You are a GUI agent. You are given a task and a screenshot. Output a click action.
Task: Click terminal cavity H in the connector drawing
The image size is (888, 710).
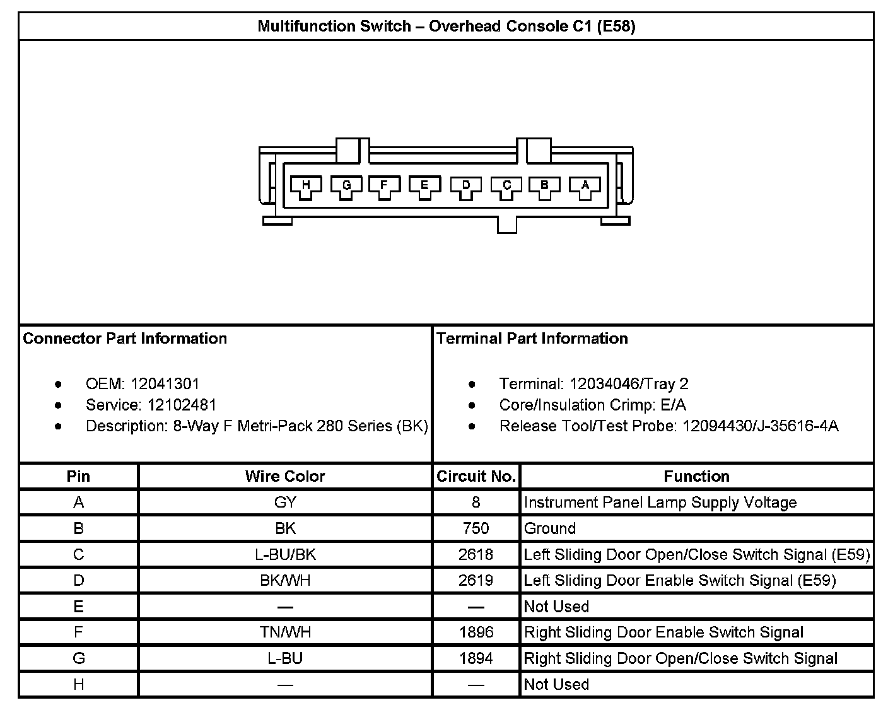306,186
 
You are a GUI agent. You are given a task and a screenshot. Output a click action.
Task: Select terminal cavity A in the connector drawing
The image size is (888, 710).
585,186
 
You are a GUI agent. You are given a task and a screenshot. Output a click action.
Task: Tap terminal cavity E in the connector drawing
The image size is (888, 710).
424,186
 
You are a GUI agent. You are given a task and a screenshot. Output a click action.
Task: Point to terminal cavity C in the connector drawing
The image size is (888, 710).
506,186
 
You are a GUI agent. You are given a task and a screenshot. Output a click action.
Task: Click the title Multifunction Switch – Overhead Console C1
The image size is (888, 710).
446,26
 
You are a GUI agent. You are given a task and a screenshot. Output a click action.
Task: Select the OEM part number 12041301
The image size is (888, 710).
165,384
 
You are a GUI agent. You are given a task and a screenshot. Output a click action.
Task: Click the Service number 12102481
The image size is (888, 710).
182,405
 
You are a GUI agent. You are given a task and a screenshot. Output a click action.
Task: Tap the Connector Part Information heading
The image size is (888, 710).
125,339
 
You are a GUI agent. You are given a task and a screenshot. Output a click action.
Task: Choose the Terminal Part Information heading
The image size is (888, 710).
532,339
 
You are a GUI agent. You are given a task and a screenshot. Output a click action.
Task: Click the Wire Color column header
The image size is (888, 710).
285,477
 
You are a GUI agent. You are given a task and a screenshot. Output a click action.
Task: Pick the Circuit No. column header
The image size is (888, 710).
476,477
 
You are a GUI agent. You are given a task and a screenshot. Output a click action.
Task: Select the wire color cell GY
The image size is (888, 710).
285,503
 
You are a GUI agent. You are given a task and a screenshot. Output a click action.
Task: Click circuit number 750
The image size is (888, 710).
476,528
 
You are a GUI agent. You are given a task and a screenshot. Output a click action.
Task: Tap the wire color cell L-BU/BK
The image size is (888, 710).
285,555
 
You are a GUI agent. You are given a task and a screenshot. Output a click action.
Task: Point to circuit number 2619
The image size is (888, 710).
476,581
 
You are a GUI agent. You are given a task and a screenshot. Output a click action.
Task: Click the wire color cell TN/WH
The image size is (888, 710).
285,632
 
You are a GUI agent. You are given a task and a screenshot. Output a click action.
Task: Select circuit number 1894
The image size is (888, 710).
476,659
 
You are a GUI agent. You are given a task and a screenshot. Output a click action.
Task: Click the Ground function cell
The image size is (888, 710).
549,528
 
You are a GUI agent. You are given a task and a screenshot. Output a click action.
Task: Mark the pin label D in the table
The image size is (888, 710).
78,581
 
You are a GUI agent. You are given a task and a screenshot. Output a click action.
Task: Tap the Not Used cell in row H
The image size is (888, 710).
556,685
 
